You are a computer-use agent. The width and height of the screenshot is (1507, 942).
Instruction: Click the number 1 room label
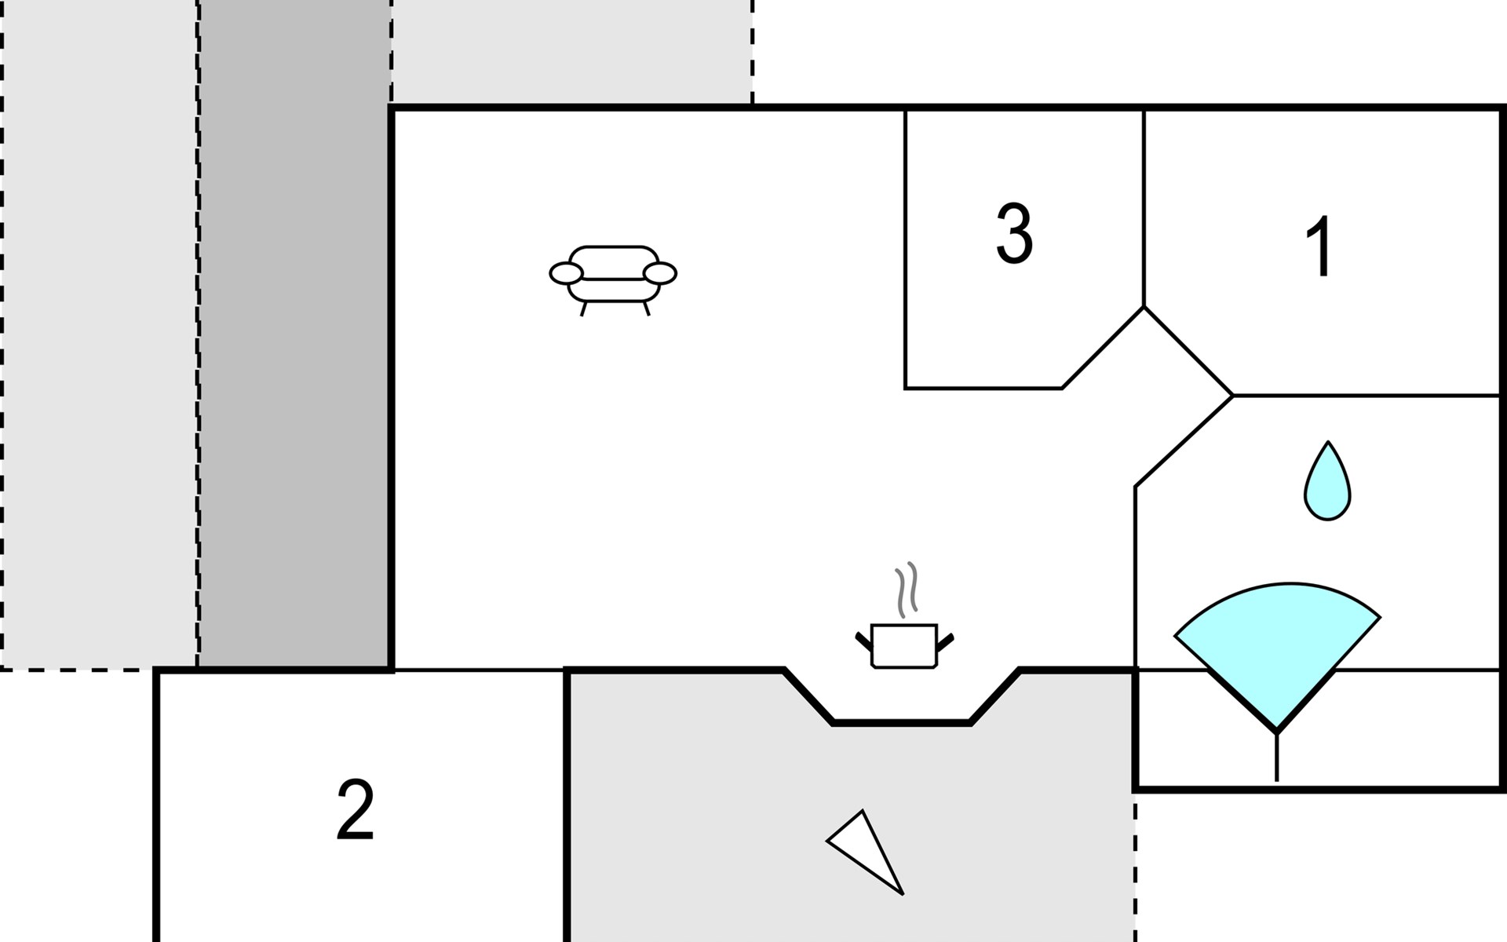[x=1321, y=246]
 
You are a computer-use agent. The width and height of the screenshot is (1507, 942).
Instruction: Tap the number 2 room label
[x=355, y=811]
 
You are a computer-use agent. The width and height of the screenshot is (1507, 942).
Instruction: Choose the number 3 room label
[x=1014, y=233]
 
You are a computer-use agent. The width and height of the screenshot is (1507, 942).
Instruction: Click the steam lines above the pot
[x=906, y=589]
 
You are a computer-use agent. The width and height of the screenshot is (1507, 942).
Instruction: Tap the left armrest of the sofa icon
[x=566, y=273]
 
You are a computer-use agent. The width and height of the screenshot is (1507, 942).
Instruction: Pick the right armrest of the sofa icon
[x=659, y=273]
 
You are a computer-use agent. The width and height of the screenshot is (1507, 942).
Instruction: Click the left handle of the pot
[x=863, y=641]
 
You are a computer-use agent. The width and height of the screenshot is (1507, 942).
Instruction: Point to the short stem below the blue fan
[x=1277, y=758]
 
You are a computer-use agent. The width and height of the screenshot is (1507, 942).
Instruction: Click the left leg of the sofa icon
[x=583, y=309]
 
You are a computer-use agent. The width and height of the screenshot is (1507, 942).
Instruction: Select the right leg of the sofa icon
[x=646, y=309]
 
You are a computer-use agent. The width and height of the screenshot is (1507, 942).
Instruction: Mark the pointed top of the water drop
[x=1328, y=444]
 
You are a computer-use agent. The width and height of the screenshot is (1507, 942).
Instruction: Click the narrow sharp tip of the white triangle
[x=901, y=893]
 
